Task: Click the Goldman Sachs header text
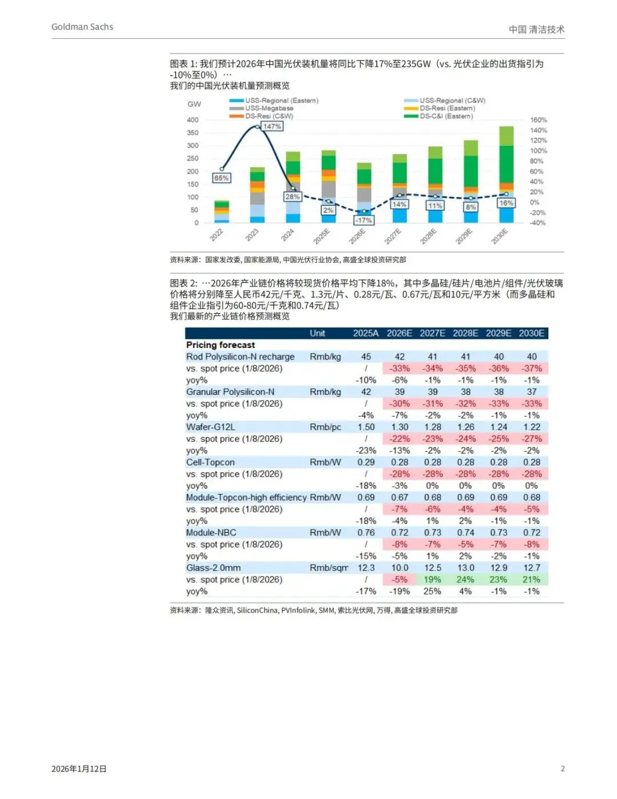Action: pos(82,27)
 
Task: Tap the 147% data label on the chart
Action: pos(272,126)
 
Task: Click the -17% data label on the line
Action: pos(364,220)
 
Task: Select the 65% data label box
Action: pos(221,178)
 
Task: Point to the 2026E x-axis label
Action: pos(358,235)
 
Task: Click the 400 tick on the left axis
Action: pos(193,120)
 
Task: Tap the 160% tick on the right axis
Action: pos(538,120)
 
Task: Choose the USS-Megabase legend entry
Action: pos(269,108)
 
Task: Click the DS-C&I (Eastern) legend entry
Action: pos(446,116)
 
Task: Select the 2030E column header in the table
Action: pos(531,333)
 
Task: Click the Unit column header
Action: pos(317,333)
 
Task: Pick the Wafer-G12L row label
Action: pos(210,427)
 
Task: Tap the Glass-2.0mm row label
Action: pos(213,568)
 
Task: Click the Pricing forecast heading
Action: pos(221,345)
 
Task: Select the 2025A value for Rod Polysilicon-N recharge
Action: pos(366,357)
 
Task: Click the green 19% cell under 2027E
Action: pos(432,580)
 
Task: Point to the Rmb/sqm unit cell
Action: pos(328,568)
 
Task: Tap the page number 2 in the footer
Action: pos(563,769)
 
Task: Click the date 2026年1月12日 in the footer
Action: pos(79,769)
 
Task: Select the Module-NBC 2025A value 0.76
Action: pos(366,533)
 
